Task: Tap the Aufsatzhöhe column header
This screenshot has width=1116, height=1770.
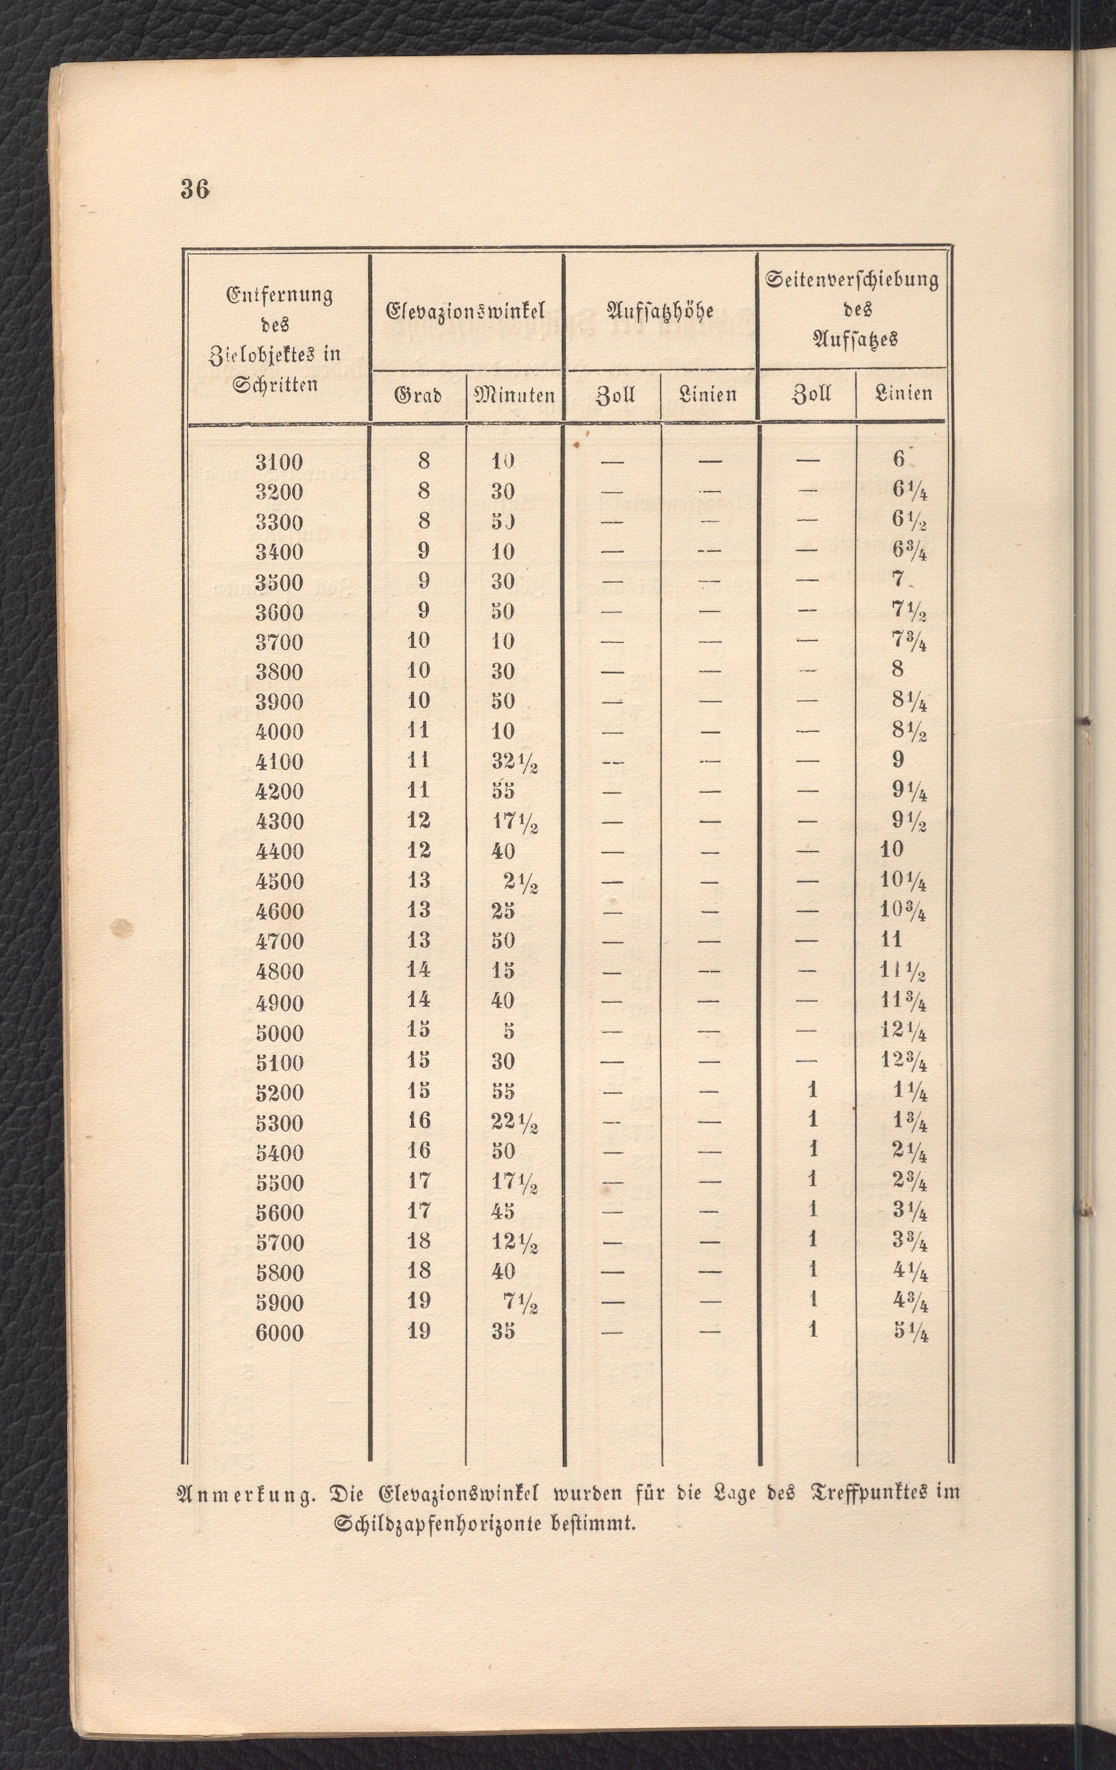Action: coord(660,311)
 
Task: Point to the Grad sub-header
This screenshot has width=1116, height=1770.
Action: coord(418,396)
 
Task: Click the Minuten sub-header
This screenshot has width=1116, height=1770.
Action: coord(514,396)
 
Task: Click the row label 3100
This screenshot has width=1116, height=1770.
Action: coord(279,462)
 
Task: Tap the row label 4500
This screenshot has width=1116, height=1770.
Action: coord(279,882)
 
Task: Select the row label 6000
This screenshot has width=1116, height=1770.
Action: coord(279,1332)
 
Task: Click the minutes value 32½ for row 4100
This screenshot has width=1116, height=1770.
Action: coord(514,762)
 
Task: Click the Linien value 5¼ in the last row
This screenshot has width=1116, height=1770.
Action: coord(910,1332)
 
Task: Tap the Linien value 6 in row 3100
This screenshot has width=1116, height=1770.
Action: coord(898,459)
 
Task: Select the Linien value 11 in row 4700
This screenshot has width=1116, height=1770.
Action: coord(891,941)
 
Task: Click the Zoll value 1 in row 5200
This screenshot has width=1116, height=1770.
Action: coord(812,1091)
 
